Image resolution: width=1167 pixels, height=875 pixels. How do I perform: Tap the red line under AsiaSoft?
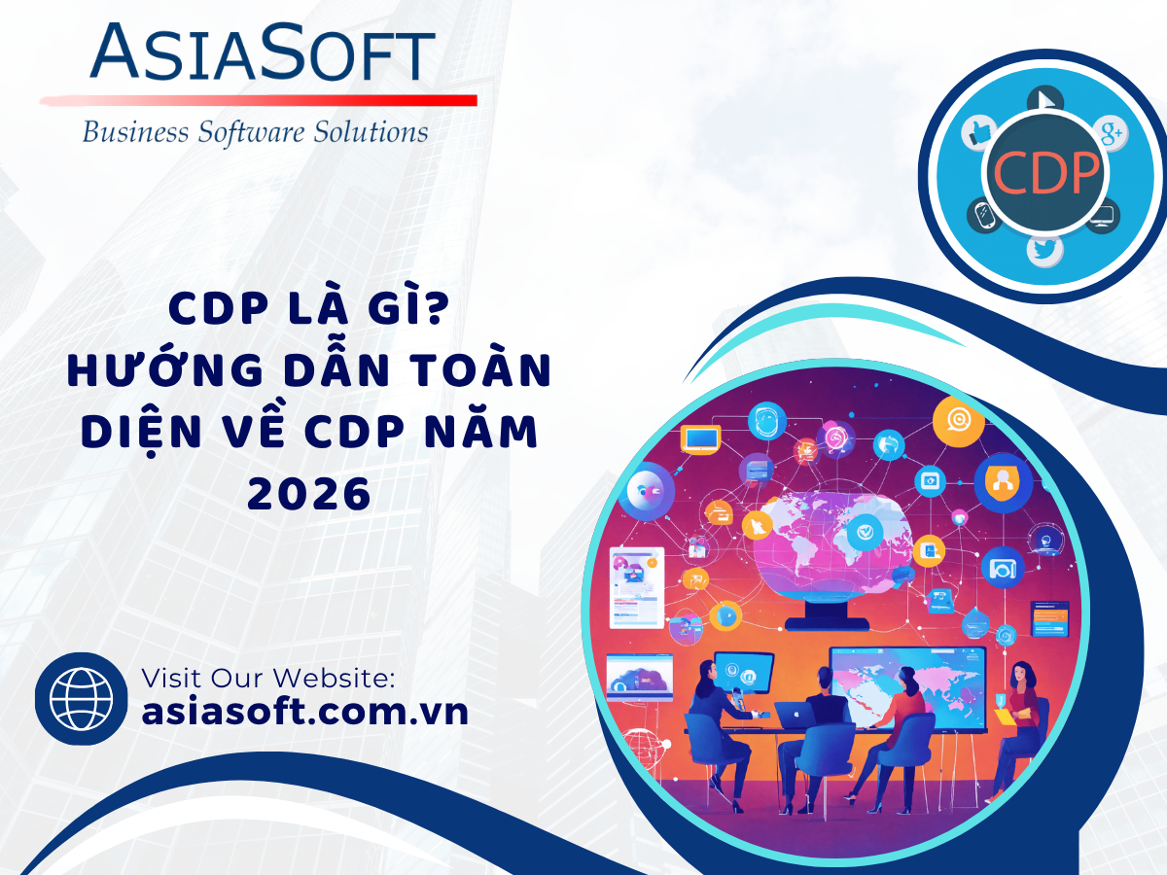tap(259, 100)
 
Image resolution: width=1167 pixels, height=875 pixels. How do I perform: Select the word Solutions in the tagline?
tap(371, 132)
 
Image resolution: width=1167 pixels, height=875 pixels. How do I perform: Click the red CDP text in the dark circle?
tap(1045, 173)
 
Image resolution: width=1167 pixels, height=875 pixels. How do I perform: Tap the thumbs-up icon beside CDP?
tap(979, 132)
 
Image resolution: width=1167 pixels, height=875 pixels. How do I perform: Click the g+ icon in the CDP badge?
tap(1111, 133)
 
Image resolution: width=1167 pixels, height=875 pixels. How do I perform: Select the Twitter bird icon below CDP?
tap(1044, 250)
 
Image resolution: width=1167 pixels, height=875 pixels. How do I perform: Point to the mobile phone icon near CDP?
tap(984, 215)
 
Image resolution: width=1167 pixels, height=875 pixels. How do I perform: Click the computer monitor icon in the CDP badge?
tap(1103, 216)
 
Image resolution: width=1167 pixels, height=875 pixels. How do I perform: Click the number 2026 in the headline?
tap(309, 494)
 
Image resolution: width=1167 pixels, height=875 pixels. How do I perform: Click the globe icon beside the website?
tap(81, 698)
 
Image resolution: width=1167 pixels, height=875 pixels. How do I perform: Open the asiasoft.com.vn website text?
tap(305, 712)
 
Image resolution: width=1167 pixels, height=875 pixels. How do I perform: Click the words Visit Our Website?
tap(268, 678)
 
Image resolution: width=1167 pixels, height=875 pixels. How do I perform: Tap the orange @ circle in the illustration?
tap(958, 421)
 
